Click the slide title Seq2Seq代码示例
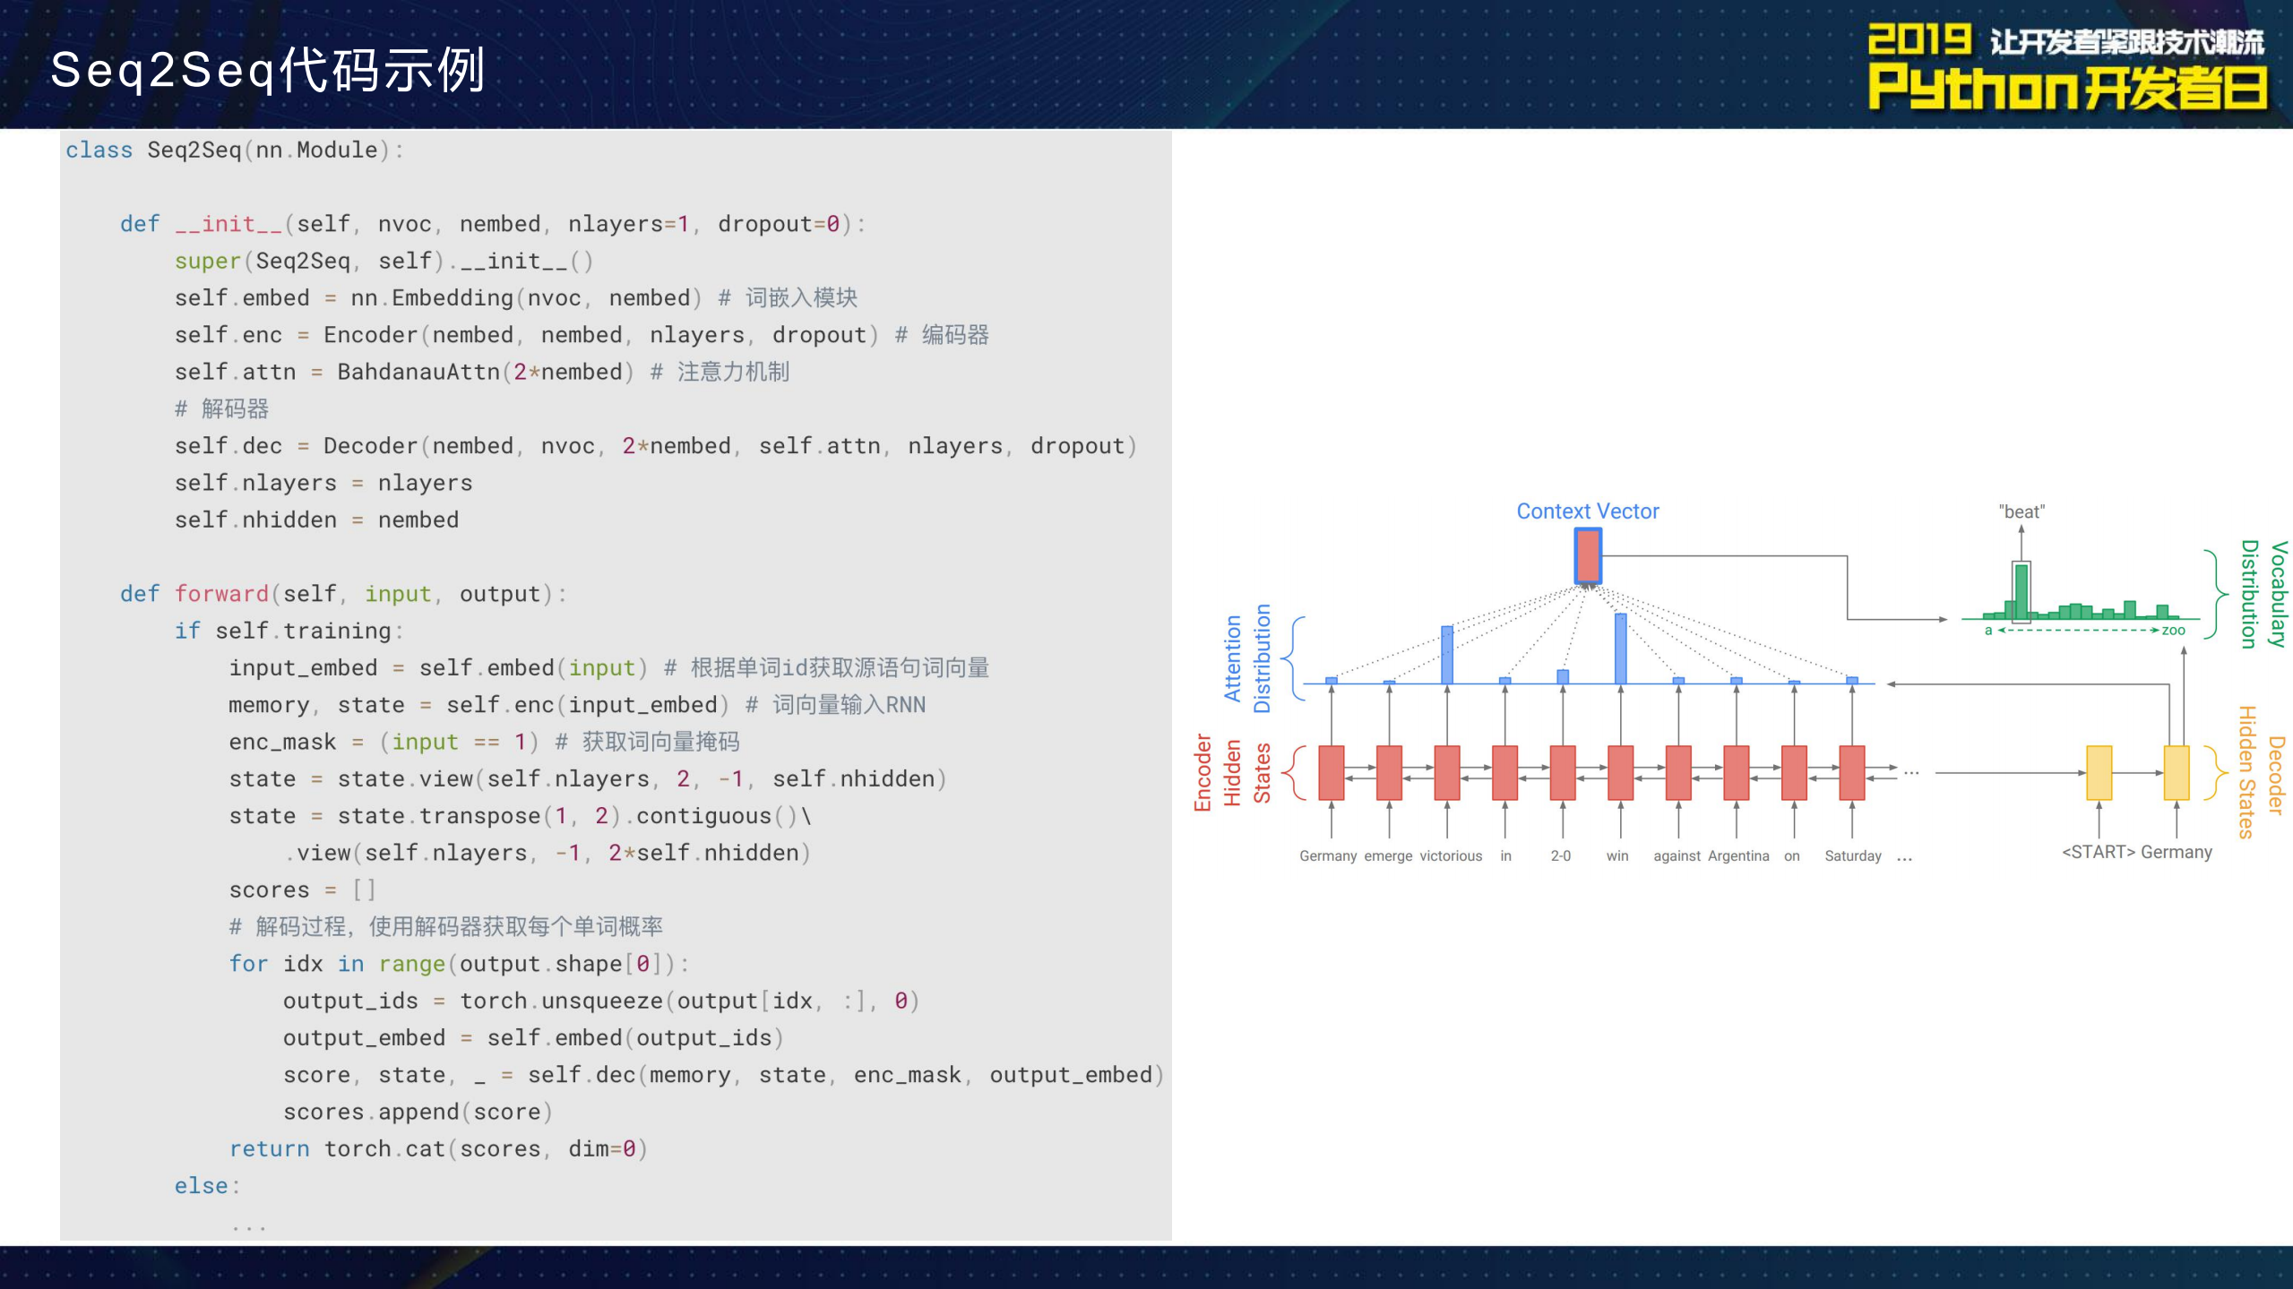[x=267, y=70]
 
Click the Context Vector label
[x=1587, y=511]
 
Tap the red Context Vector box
[x=1587, y=555]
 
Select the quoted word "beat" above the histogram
[x=2021, y=511]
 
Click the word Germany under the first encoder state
[x=1327, y=856]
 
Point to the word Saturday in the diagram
[x=1852, y=856]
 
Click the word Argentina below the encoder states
[x=1737, y=856]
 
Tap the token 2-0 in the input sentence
[x=1560, y=856]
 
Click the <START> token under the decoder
[x=2098, y=852]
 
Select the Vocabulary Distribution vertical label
[x=2263, y=593]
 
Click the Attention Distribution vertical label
[x=1247, y=658]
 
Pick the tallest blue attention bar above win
[x=1620, y=649]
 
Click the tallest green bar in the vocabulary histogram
[x=2021, y=593]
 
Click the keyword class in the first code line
[x=99, y=150]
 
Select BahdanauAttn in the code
[x=418, y=372]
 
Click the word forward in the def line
[x=221, y=594]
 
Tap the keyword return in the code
[x=269, y=1148]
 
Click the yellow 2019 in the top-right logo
[x=1918, y=40]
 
